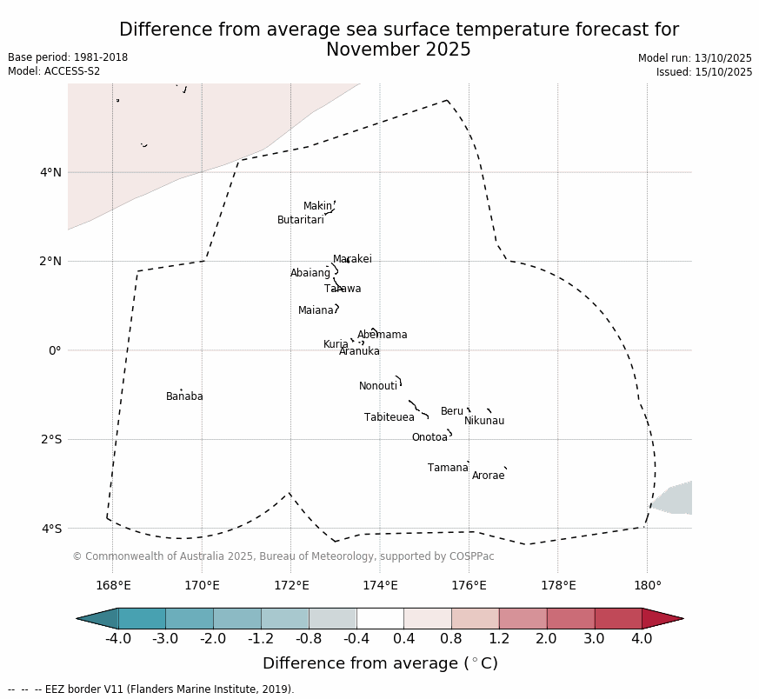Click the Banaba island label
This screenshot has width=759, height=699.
tap(184, 396)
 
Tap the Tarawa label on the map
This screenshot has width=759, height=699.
tap(343, 289)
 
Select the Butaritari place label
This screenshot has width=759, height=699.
tap(300, 220)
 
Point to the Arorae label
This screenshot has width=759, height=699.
tap(488, 476)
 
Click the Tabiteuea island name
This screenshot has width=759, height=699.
tap(389, 417)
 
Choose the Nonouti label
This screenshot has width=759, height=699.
tap(377, 386)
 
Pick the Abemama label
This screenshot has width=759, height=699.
tap(382, 335)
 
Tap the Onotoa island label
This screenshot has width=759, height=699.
tap(429, 437)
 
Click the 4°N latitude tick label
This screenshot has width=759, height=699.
tap(50, 172)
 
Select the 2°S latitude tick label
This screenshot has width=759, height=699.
tap(50, 439)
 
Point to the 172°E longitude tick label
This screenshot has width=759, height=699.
tap(291, 585)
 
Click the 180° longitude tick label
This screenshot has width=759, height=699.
tap(647, 585)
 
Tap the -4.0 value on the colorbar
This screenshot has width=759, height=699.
tap(118, 639)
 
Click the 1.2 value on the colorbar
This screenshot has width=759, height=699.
tap(499, 639)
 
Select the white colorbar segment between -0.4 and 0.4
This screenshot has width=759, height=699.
tap(380, 618)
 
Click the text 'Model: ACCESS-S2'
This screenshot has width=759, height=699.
tap(54, 71)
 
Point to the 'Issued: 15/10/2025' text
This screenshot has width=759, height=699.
tap(703, 72)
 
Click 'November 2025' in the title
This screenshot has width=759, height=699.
tap(398, 50)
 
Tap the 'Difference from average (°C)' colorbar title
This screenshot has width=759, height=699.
tap(380, 663)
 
